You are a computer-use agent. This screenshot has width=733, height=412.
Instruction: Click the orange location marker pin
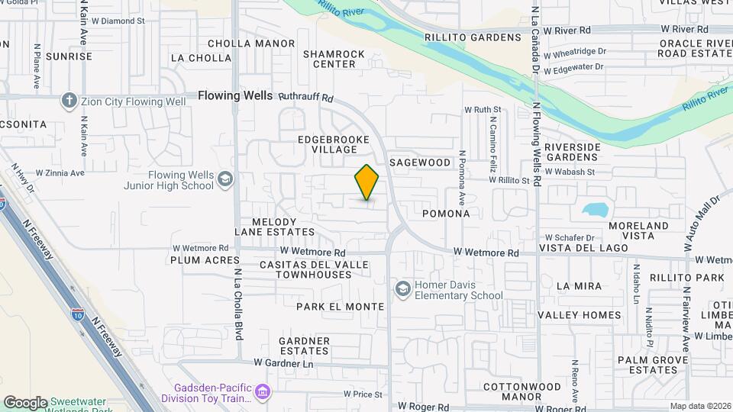coord(366,182)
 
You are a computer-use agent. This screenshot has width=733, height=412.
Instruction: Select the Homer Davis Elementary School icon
coord(402,289)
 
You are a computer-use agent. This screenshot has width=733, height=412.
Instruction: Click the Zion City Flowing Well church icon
coord(69,101)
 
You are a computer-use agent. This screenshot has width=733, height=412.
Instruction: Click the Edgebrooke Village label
coord(334,144)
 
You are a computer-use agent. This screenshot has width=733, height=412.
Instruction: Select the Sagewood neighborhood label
coord(420,163)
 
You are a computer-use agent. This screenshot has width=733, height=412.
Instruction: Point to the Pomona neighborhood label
coord(446,214)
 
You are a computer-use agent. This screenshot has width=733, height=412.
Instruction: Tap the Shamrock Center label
coord(334,59)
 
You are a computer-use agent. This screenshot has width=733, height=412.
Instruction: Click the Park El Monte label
coord(340,307)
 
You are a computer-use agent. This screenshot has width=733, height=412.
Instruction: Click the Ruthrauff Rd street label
coord(306,98)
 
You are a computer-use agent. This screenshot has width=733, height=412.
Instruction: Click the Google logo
coord(25,402)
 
